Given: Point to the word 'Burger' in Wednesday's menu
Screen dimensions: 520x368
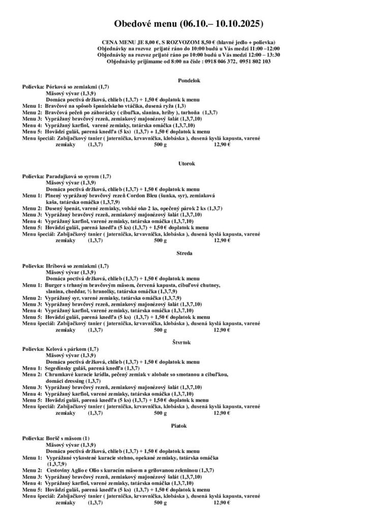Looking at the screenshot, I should (x=53, y=285).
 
